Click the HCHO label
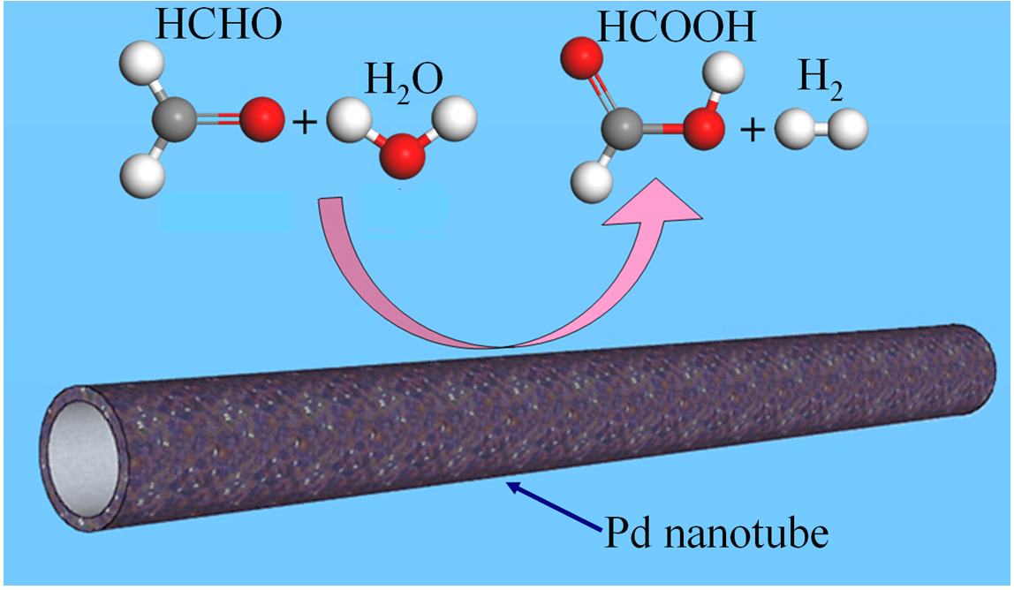218,26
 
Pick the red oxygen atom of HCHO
261,120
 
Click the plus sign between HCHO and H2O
303,123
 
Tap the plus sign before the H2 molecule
752,131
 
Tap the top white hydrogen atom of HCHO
140,64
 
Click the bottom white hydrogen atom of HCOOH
591,182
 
